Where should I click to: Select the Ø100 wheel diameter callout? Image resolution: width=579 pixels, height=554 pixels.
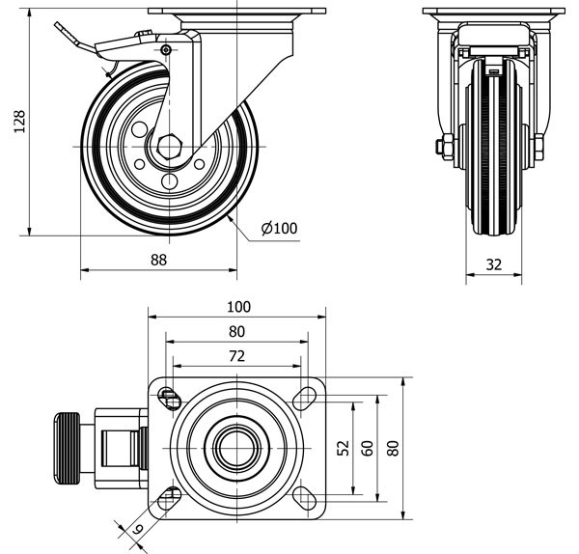coord(280,229)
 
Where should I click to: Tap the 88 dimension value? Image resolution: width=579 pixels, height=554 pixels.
coord(159,259)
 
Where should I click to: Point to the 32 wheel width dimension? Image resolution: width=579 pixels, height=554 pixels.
coord(493,263)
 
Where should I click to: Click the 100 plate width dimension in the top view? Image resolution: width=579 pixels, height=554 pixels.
coord(237,307)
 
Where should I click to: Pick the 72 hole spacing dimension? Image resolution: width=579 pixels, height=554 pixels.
coord(237,356)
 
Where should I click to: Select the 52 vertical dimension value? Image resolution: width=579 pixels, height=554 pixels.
coord(344,448)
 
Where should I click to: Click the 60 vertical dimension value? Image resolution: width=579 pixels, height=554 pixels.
coord(367,448)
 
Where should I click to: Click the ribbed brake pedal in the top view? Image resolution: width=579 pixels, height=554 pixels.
coord(66,449)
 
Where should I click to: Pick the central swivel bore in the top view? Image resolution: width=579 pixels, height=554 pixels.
coord(234,446)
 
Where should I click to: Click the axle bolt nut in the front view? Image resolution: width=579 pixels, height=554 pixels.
coord(445,148)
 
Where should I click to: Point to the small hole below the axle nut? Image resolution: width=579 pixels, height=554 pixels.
coord(171,180)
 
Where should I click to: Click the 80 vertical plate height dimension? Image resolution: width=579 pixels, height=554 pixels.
coord(393,448)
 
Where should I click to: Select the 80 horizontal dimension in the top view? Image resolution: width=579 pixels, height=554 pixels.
coord(237,331)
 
